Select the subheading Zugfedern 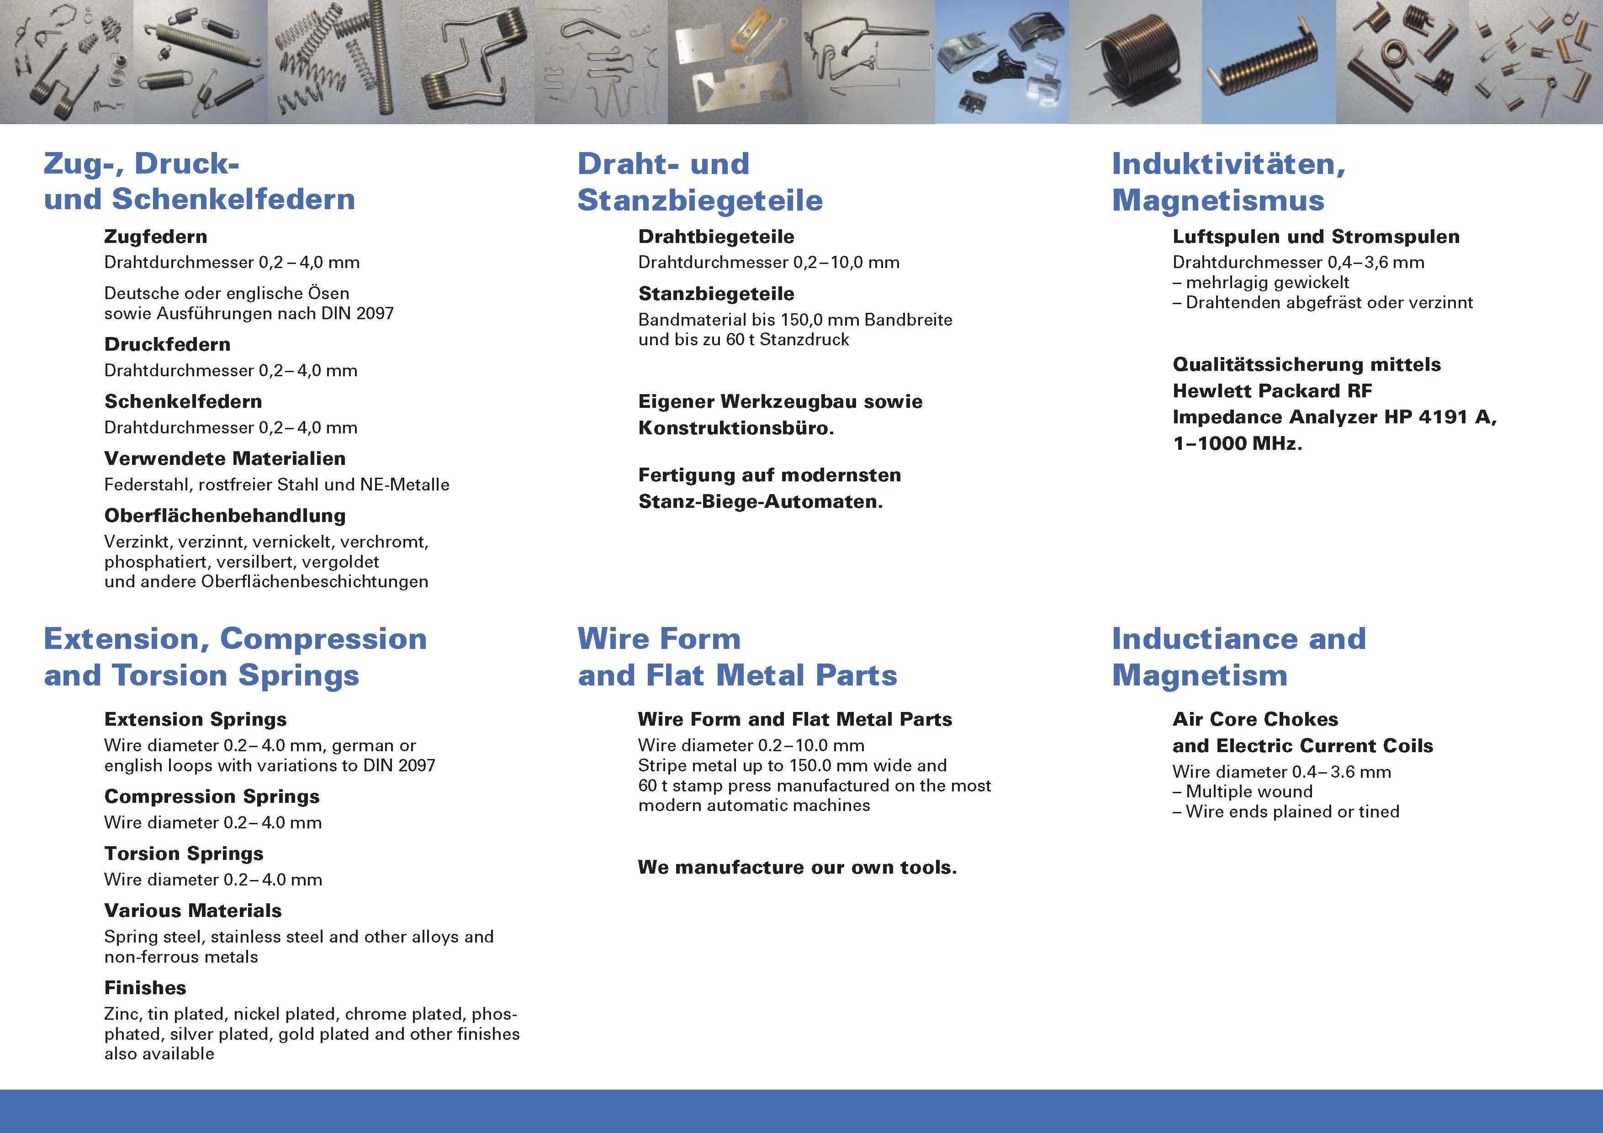(156, 237)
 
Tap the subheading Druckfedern (168, 344)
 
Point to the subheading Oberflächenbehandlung (225, 516)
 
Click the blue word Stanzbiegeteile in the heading (700, 200)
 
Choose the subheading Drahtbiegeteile (716, 237)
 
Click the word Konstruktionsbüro (736, 428)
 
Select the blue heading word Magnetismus (1218, 200)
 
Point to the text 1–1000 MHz (1237, 443)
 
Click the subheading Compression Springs (212, 796)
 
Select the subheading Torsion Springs (184, 854)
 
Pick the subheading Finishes (145, 988)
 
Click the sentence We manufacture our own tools (797, 868)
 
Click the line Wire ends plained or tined (1286, 812)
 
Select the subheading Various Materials (193, 911)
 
